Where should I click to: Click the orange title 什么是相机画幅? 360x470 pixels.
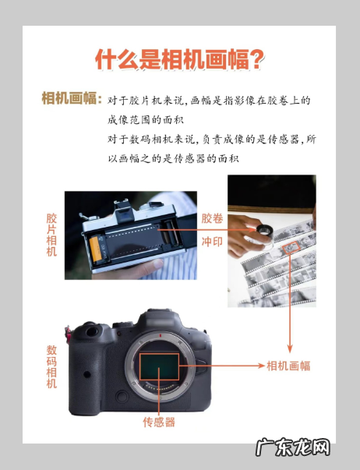point(179,60)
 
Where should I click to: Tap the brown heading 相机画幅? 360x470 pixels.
point(72,98)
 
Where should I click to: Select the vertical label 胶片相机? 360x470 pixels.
point(51,235)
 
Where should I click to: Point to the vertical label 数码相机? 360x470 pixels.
point(51,366)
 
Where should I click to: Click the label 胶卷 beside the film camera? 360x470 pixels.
point(212,218)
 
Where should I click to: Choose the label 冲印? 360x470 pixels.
point(212,242)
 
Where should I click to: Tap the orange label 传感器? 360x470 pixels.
point(159,422)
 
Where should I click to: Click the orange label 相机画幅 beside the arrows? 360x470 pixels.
point(288,366)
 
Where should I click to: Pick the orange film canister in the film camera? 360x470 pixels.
point(96,249)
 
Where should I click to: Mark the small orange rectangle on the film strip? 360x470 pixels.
point(291,248)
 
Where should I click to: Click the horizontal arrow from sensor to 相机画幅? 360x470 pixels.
point(222,366)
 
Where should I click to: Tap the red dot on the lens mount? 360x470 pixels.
point(161,335)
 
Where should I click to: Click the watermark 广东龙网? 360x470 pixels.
point(293,448)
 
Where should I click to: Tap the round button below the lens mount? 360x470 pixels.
point(122,397)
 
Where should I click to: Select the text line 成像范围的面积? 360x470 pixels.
point(146,120)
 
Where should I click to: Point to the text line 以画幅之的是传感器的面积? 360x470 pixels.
point(173,158)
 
